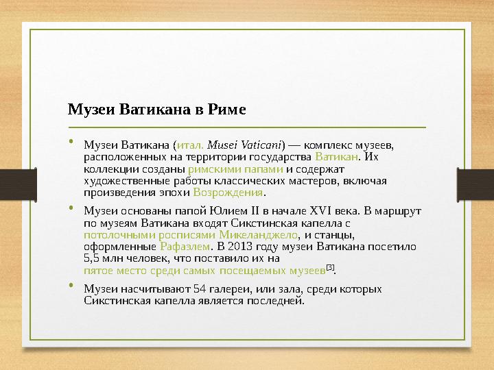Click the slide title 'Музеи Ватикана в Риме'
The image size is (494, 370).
(156, 110)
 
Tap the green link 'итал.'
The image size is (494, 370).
(189, 145)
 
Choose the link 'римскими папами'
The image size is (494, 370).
(235, 169)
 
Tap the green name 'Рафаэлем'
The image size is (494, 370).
(184, 247)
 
